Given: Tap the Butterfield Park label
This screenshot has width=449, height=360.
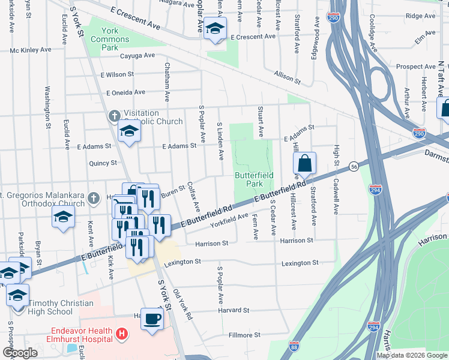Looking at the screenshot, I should point(254,179).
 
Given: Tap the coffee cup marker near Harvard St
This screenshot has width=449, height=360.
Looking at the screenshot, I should point(152,318).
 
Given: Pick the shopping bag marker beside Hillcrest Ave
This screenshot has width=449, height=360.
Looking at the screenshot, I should point(304,163).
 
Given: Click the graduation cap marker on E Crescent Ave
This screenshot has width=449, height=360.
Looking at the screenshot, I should point(214,28).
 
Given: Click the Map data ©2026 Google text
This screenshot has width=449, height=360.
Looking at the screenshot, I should point(412,355).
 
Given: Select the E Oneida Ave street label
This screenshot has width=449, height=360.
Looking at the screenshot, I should point(126,93).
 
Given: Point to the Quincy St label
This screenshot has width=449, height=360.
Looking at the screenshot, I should point(103,163).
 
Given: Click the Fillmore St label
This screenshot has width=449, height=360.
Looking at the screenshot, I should point(244,335).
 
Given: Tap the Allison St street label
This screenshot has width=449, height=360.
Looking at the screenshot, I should point(286,76).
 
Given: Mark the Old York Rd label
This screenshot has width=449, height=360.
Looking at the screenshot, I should point(182,305).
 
